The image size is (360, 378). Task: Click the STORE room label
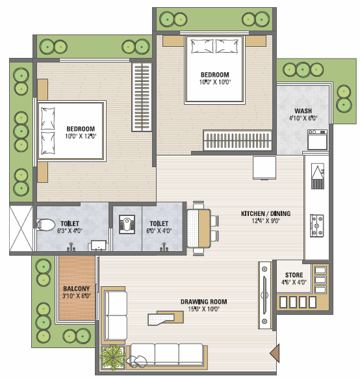click(294, 275)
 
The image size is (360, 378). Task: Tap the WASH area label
click(303, 111)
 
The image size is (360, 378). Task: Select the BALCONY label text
click(76, 289)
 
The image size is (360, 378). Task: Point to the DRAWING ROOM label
click(204, 302)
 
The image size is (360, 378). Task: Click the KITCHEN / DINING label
click(266, 213)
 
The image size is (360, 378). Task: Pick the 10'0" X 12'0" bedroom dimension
click(81, 136)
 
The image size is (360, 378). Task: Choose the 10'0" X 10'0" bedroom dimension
click(215, 82)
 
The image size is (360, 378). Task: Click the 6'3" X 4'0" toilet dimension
click(70, 231)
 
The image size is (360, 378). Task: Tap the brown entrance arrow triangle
click(275, 353)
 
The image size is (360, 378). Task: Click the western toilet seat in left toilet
click(45, 224)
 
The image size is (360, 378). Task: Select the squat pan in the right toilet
click(127, 224)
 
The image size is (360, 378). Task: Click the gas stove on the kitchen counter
click(316, 226)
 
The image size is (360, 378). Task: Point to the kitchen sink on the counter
click(318, 176)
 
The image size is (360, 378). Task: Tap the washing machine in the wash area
click(317, 140)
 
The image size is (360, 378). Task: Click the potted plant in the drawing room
click(112, 358)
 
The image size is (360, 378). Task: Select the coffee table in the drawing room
click(166, 318)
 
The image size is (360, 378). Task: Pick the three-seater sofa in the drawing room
click(166, 357)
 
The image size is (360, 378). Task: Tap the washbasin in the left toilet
click(98, 245)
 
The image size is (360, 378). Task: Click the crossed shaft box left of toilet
click(21, 228)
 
